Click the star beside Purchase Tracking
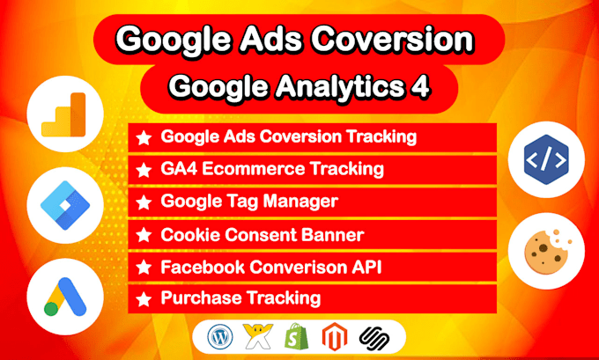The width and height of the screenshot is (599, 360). click(x=144, y=298)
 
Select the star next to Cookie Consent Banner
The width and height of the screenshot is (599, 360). click(x=144, y=234)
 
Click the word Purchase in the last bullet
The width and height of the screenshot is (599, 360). click(x=196, y=298)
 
